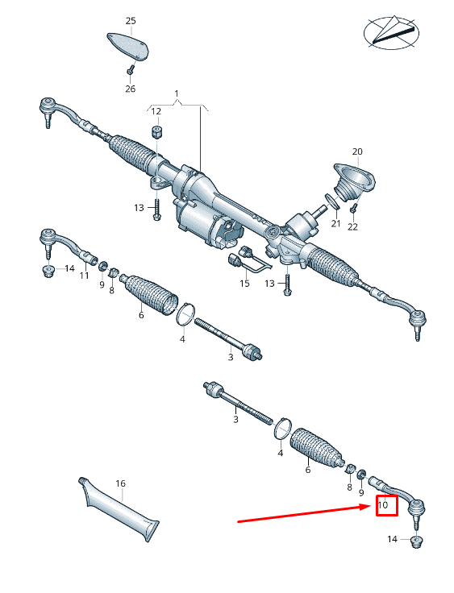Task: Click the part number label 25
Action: [x=131, y=20]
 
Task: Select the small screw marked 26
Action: [x=130, y=71]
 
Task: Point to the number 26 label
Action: [x=131, y=89]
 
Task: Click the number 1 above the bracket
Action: [x=177, y=94]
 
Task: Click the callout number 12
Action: [x=156, y=111]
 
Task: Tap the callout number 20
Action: [x=357, y=151]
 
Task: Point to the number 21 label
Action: [x=336, y=222]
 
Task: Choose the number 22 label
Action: [x=352, y=227]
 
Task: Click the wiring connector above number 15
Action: [x=241, y=260]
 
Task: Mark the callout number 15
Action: [x=244, y=284]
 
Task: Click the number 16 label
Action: [x=120, y=484]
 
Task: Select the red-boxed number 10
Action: [x=384, y=506]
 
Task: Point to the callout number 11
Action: [x=84, y=276]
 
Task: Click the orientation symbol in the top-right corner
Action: [x=392, y=31]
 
